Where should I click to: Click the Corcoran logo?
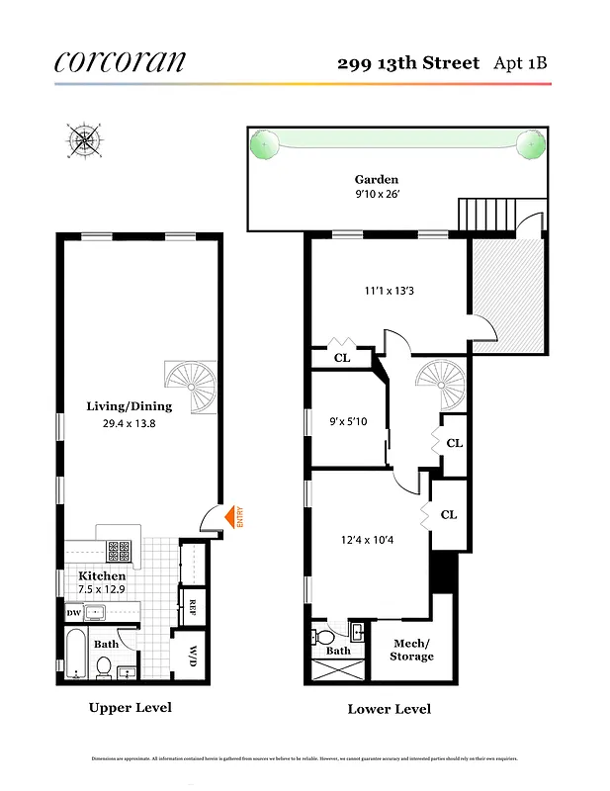coord(119,61)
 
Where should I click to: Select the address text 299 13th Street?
coord(407,63)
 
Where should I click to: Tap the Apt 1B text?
coord(520,63)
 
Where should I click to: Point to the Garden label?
coord(377,179)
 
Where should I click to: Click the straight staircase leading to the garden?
coord(486,214)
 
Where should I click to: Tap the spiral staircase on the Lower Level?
coord(439,383)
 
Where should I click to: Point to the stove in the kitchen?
coord(120,550)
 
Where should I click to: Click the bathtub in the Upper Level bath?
coord(77,657)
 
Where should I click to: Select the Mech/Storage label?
coord(411,650)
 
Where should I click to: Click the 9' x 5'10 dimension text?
coord(347,421)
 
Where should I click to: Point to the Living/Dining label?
coord(129,406)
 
